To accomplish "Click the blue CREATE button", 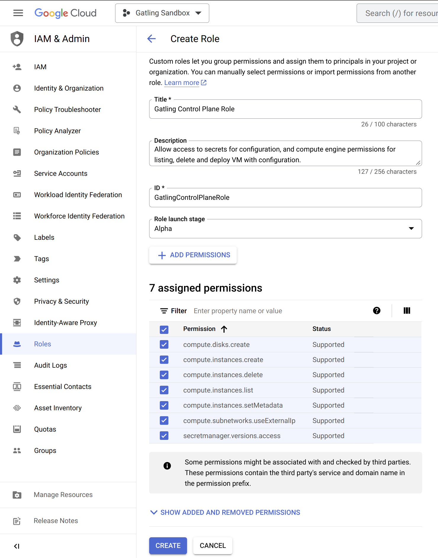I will coord(168,545).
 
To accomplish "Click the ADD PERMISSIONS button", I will coord(193,255).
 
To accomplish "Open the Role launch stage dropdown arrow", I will coord(411,228).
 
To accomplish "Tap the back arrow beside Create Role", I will coord(152,38).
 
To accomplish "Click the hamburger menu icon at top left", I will coord(18,13).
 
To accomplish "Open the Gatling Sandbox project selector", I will coord(162,13).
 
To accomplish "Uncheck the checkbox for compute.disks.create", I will coord(164,344).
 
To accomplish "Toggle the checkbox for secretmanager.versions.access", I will coord(164,435).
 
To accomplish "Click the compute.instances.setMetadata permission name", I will coord(233,405).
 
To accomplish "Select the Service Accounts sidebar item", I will coord(61,173).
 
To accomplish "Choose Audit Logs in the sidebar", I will coord(51,365).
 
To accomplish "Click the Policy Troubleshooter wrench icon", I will coord(17,110).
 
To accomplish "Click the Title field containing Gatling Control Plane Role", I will coord(285,109).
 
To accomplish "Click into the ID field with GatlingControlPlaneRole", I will coord(285,197).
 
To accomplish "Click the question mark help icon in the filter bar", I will coord(376,311).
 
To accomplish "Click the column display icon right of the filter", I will coord(407,311).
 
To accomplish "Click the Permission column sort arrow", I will coord(224,329).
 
